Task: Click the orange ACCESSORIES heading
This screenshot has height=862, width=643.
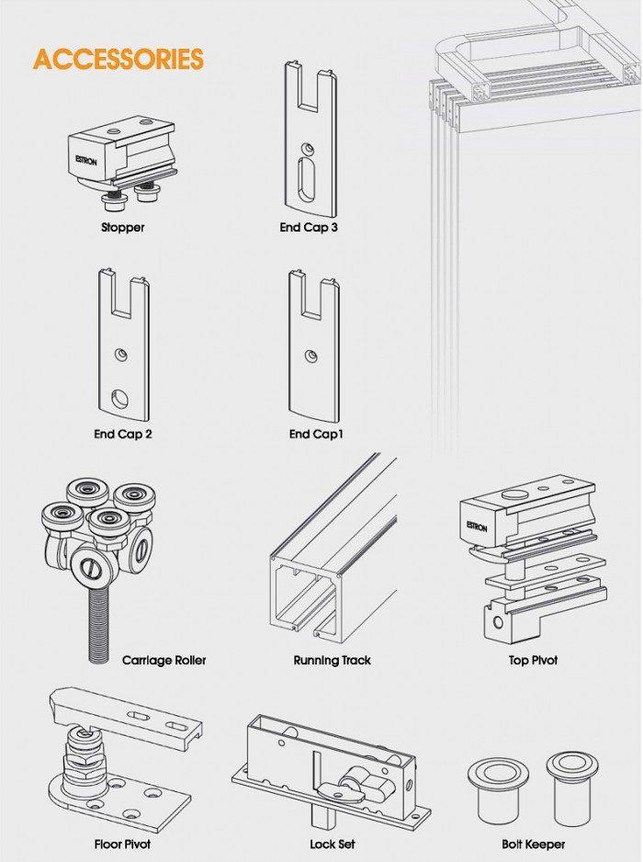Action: tap(118, 60)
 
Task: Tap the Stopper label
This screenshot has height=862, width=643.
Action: tap(122, 227)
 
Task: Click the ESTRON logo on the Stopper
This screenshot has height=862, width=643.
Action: tap(85, 161)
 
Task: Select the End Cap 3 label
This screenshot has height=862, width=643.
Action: tap(309, 227)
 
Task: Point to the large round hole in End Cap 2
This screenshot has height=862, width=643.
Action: tap(119, 399)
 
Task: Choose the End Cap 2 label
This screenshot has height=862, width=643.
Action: tap(122, 435)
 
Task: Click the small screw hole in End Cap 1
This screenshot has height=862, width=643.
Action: tap(311, 357)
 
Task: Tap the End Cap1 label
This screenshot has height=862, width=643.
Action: tap(316, 435)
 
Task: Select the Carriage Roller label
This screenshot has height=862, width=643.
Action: tap(164, 660)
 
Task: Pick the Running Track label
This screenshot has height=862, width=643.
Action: tap(332, 660)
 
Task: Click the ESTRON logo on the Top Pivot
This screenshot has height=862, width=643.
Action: tap(477, 526)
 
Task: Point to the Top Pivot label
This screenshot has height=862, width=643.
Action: tap(533, 660)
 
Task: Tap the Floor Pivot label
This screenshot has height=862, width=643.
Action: tap(122, 844)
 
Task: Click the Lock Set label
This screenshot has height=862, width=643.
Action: tap(332, 844)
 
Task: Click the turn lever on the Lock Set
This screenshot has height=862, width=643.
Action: tap(356, 782)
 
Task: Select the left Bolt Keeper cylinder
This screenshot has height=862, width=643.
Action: tap(498, 789)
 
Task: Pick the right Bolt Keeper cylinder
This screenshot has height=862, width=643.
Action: tap(571, 786)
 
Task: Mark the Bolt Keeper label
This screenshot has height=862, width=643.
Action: tap(533, 844)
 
